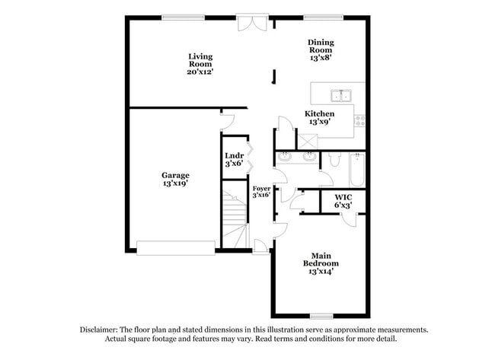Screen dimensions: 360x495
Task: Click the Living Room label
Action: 200,64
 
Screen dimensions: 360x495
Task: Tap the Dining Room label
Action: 321,49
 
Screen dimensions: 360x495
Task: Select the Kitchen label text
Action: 320,117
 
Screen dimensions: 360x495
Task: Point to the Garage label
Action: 175,179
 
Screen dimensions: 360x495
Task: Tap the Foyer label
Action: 261,191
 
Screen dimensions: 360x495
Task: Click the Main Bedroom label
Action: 320,263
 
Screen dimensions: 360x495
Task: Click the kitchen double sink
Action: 341,96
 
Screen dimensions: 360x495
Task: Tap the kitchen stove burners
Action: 359,119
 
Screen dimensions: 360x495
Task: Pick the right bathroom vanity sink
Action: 309,158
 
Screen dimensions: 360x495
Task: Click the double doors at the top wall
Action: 252,24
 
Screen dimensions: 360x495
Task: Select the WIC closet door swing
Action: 348,218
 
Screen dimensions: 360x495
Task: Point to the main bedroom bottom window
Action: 321,316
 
